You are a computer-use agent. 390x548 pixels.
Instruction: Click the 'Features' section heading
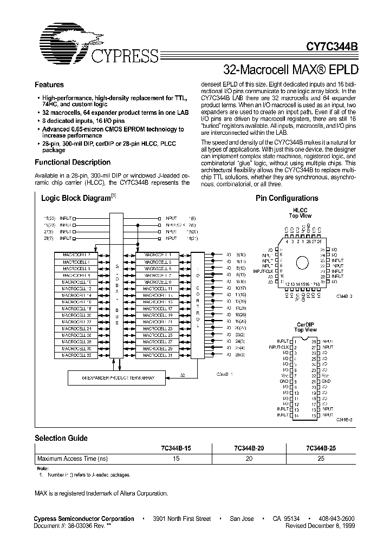(x=49, y=85)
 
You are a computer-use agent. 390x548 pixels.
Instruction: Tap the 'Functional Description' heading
(x=73, y=162)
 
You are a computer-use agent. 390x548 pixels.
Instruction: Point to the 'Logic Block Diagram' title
(x=77, y=199)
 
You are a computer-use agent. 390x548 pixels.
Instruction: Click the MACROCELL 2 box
(x=76, y=255)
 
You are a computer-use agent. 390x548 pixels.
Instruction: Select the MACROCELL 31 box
(x=157, y=355)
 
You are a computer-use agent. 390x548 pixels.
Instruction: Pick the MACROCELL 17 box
(x=157, y=308)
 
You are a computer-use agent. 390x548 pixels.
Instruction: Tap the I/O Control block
(x=198, y=305)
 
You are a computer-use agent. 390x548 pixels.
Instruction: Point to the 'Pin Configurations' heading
(x=287, y=199)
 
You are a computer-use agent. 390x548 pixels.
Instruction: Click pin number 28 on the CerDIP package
(x=314, y=341)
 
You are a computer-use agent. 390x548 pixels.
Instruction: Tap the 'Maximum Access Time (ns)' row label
(x=73, y=458)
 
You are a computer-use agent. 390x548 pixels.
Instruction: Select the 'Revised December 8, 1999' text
(x=319, y=525)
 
